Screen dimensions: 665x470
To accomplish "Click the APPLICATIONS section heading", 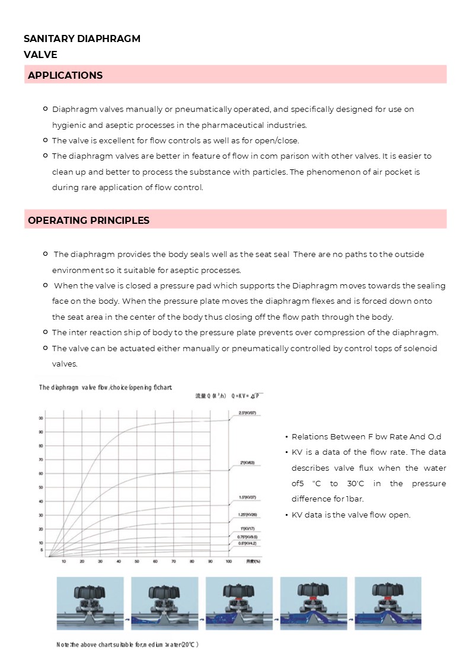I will point(65,75).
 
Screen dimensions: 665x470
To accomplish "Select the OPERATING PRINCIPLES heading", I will point(88,220).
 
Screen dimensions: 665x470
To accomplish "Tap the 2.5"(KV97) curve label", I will point(247,412).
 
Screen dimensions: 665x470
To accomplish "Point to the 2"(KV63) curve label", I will point(247,462).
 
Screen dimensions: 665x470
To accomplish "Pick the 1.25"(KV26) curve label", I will point(247,515).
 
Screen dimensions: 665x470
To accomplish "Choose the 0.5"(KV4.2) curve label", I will point(247,542).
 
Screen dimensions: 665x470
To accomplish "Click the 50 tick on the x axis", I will point(137,561).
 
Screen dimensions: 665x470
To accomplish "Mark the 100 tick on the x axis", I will point(229,561).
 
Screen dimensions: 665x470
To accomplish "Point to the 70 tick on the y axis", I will point(41,460).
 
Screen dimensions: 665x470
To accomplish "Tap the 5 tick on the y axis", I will point(41,550).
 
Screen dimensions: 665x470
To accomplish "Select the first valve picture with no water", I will point(90,603).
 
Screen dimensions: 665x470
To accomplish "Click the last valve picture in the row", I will point(388,603).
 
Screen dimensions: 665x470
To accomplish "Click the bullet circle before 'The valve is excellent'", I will point(46,140).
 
